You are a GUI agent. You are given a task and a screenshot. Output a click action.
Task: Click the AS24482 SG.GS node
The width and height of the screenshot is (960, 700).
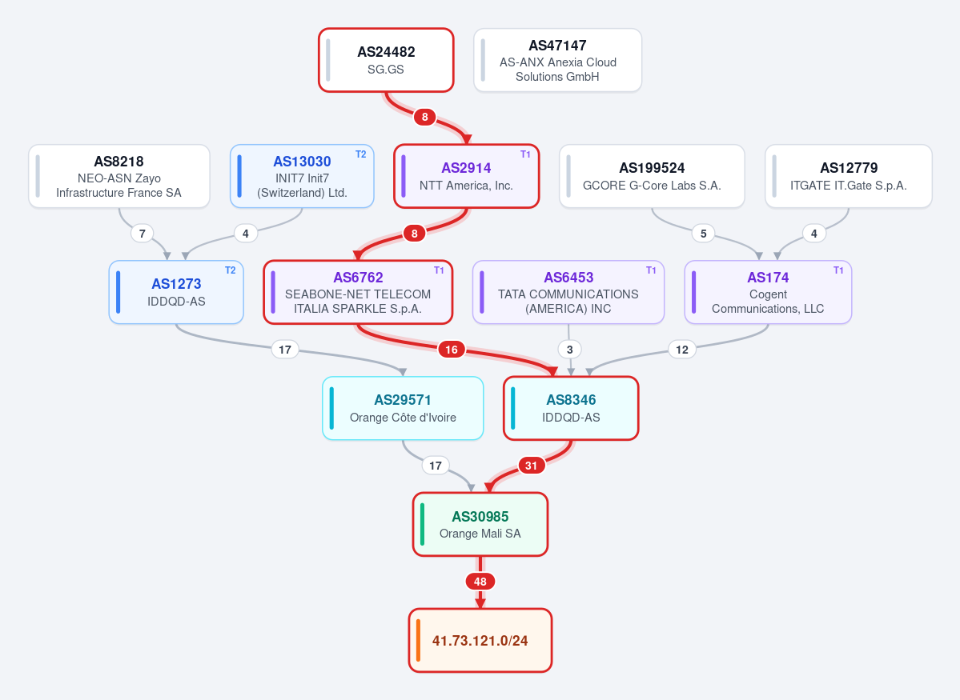pyautogui.click(x=386, y=60)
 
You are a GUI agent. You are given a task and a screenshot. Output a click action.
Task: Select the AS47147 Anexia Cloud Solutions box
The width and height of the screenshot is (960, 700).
pyautogui.click(x=558, y=60)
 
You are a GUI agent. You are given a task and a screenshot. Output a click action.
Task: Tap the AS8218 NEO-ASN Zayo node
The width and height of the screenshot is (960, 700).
pyautogui.click(x=118, y=176)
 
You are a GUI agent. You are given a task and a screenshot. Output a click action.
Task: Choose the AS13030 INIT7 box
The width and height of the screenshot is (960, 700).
pyautogui.click(x=302, y=176)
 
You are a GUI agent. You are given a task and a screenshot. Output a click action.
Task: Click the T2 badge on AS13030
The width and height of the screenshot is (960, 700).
pyautogui.click(x=360, y=154)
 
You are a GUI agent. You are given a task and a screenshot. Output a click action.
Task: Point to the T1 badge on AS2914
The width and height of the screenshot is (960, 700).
pyautogui.click(x=525, y=154)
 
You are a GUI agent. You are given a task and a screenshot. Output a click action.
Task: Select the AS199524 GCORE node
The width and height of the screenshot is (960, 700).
pyautogui.click(x=652, y=176)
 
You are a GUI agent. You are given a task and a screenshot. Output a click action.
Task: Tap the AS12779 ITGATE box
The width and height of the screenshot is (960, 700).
pyautogui.click(x=849, y=176)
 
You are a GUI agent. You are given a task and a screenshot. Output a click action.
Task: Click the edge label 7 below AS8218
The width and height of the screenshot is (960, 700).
pyautogui.click(x=142, y=233)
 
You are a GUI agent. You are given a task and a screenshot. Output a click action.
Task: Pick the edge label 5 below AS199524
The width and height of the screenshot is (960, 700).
pyautogui.click(x=704, y=233)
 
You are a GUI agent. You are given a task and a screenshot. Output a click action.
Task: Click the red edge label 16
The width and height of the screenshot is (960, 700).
pyautogui.click(x=452, y=350)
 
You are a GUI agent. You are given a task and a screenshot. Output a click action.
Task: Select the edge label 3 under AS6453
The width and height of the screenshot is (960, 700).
pyautogui.click(x=569, y=350)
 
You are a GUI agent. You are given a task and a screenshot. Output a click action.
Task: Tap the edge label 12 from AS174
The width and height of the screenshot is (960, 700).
pyautogui.click(x=682, y=350)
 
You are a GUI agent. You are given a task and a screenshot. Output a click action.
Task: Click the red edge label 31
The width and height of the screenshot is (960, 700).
pyautogui.click(x=531, y=466)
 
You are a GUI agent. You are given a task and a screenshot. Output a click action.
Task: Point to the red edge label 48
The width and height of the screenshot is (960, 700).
pyautogui.click(x=480, y=582)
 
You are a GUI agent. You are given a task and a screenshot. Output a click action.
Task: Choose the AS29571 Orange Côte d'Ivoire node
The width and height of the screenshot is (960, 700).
pyautogui.click(x=403, y=408)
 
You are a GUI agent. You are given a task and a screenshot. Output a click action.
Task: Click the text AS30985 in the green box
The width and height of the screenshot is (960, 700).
pyautogui.click(x=480, y=517)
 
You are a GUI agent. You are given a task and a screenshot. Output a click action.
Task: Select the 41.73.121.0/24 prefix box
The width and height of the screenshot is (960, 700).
pyautogui.click(x=480, y=640)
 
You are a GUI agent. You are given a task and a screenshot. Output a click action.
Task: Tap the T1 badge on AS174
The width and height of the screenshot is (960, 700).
pyautogui.click(x=838, y=270)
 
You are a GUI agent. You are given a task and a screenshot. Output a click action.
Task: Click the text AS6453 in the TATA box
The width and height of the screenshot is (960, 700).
pyautogui.click(x=568, y=277)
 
